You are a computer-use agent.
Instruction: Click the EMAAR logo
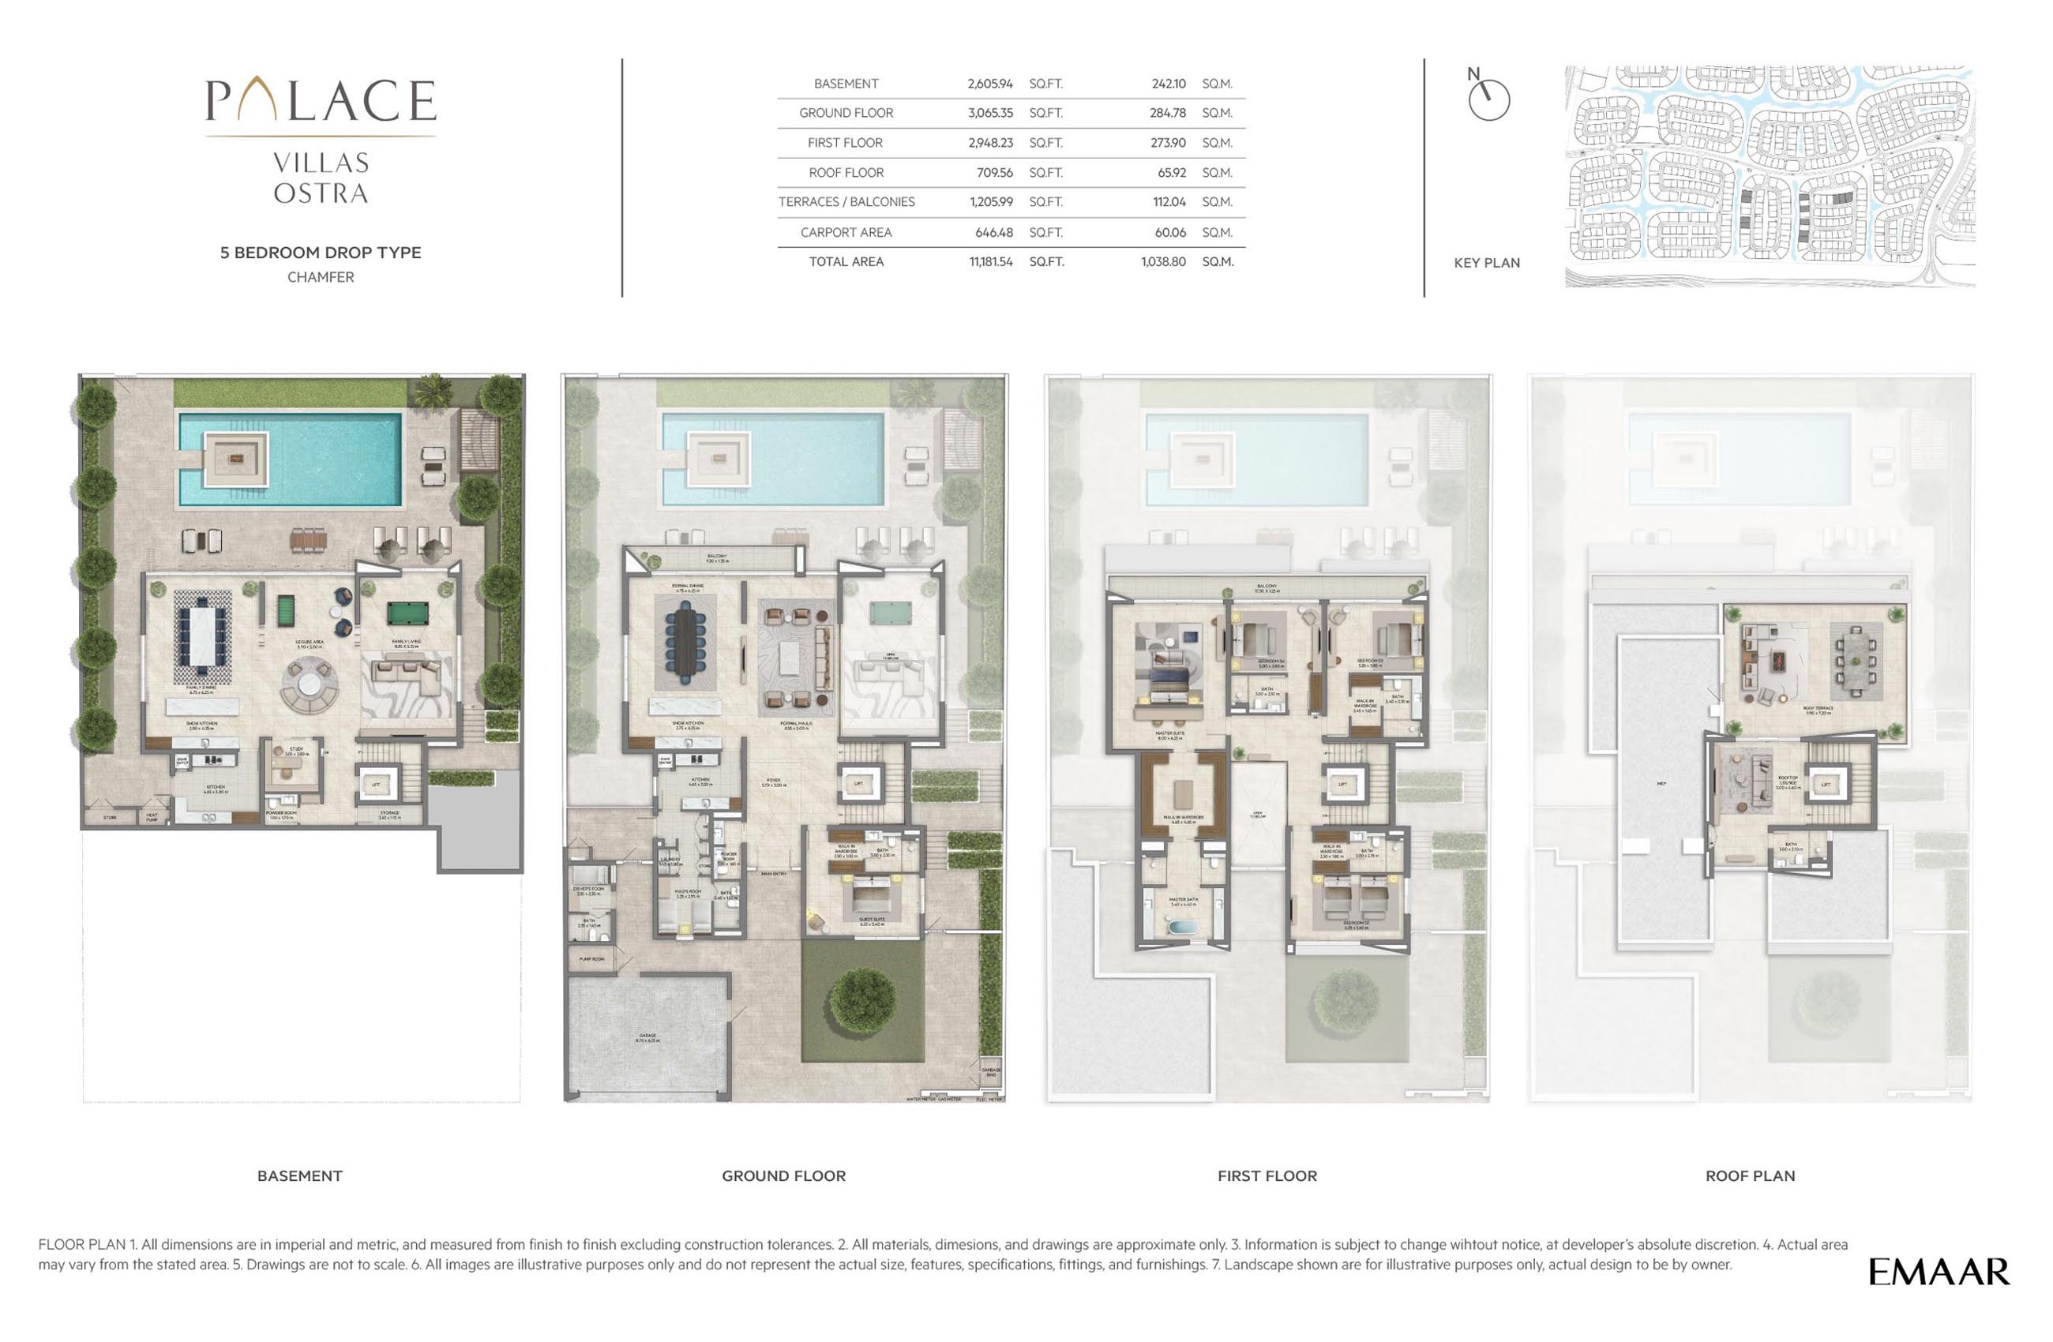tap(1939, 1273)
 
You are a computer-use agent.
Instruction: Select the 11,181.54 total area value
tap(990, 261)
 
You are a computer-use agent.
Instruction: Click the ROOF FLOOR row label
tap(846, 173)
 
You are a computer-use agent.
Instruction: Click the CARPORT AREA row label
tap(846, 232)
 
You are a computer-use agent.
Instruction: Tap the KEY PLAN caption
tap(1486, 263)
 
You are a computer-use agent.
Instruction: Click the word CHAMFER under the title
tap(320, 277)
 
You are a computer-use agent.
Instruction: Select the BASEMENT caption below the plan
tap(299, 1175)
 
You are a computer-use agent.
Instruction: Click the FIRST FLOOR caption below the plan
tap(1267, 1175)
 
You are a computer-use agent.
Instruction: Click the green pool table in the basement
tap(408, 613)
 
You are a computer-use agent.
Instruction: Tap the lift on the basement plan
tap(375, 785)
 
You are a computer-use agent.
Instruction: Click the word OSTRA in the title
tap(320, 193)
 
